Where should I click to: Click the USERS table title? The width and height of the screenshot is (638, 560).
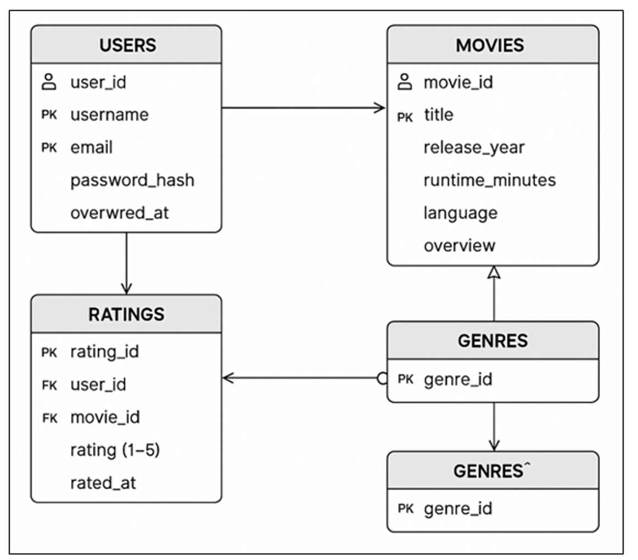[x=128, y=45]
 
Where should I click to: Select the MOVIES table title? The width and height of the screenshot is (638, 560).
[x=490, y=45]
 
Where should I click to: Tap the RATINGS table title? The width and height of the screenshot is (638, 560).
[x=126, y=315]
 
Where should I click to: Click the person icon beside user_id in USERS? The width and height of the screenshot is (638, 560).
[x=49, y=81]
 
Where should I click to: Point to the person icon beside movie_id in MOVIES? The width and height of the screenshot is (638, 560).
[x=405, y=81]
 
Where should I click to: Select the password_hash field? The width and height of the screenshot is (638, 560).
[x=132, y=180]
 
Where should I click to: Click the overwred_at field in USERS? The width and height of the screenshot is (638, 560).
[x=119, y=213]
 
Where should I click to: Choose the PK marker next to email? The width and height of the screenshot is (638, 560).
[x=49, y=147]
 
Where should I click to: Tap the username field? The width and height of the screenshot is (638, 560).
[x=109, y=115]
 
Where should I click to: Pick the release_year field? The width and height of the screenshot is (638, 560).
[x=474, y=148]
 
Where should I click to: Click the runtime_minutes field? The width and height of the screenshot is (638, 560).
[x=490, y=180]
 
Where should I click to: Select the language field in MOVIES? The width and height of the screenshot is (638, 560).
[x=460, y=213]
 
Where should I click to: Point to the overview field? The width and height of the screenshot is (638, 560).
[x=460, y=246]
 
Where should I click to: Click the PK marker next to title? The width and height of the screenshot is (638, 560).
[x=405, y=117]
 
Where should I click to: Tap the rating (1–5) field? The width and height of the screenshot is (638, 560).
[x=115, y=450]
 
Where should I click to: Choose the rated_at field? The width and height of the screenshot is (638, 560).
[x=103, y=483]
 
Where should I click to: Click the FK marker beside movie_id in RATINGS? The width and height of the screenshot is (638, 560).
[x=49, y=418]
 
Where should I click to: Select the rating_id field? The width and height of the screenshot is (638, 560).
[x=104, y=352]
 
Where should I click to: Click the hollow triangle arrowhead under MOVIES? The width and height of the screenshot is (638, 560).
[x=494, y=272]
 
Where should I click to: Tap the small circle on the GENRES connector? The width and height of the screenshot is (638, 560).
[x=382, y=378]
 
